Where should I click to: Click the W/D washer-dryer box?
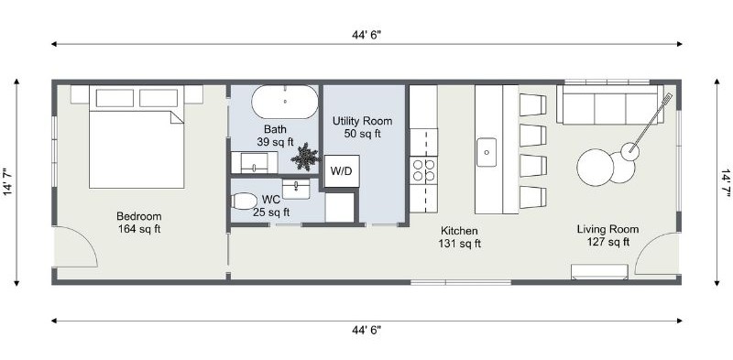342,171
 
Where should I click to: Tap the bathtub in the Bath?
285,102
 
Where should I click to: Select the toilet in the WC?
244,201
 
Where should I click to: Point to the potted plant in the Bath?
305,157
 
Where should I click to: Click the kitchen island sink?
487,152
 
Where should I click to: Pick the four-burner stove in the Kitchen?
423,170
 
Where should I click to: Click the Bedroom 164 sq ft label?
139,223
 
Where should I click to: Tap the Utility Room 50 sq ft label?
362,127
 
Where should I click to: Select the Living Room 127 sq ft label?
607,235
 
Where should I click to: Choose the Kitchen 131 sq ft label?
460,237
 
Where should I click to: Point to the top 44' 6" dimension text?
366,35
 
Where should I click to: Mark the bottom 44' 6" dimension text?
366,330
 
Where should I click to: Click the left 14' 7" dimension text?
8,182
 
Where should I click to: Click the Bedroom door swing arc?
85,238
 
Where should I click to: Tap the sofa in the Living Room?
610,104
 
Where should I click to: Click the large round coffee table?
595,168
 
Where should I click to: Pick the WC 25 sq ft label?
271,206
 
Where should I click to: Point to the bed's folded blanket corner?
177,117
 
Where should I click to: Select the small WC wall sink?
296,189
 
